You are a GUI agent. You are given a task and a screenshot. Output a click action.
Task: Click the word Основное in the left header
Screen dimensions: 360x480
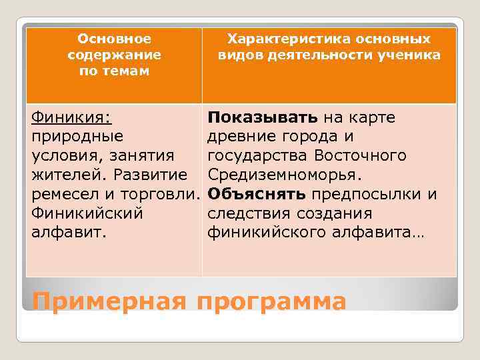(114, 39)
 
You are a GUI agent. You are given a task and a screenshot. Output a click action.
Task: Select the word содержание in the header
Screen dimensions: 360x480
(114, 55)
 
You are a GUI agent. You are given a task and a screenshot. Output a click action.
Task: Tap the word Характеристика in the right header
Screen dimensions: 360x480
(277, 39)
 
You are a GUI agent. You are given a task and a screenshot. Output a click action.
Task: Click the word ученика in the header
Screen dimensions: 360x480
(408, 55)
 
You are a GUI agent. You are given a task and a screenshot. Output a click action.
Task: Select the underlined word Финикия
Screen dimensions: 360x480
(71, 117)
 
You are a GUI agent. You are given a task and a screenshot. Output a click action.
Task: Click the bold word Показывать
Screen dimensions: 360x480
(263, 117)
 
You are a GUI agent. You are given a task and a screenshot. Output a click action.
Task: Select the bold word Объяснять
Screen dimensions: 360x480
(257, 195)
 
